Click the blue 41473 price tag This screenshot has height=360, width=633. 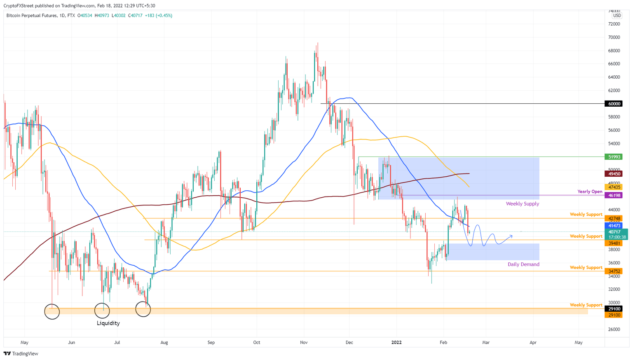pyautogui.click(x=614, y=226)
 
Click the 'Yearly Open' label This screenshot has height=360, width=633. pyautogui.click(x=590, y=192)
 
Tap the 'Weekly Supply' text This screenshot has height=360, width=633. pyautogui.click(x=522, y=203)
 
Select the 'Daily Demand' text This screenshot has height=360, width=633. pyautogui.click(x=523, y=264)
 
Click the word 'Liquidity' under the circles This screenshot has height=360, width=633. pyautogui.click(x=108, y=323)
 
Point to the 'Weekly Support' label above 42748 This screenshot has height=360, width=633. pyautogui.click(x=586, y=214)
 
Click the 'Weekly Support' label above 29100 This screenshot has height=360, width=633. pyautogui.click(x=586, y=305)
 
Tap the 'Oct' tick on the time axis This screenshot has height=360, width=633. pyautogui.click(x=257, y=342)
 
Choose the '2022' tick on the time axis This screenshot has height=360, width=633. pyautogui.click(x=396, y=342)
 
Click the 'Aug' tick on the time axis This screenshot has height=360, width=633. pyautogui.click(x=164, y=342)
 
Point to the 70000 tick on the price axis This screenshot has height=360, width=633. pyautogui.click(x=614, y=37)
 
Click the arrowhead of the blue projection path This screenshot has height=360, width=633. pyautogui.click(x=511, y=236)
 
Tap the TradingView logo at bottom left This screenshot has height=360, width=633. pyautogui.click(x=21, y=353)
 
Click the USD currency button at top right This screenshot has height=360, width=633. pyautogui.click(x=617, y=16)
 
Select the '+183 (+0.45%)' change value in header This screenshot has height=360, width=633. pyautogui.click(x=159, y=16)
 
